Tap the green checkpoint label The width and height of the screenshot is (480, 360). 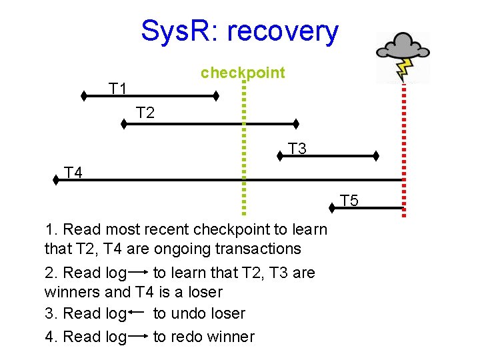(x=243, y=73)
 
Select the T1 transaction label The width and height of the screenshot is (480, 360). (x=119, y=89)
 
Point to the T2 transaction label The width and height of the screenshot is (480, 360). (x=145, y=113)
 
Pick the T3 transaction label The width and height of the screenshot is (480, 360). (x=297, y=149)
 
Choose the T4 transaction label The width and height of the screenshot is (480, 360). (x=73, y=173)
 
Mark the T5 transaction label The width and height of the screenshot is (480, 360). (x=349, y=200)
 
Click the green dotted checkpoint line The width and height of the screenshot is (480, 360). (x=244, y=147)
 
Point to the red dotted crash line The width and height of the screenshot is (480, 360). (x=404, y=147)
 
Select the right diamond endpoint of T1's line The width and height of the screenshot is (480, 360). (x=216, y=96)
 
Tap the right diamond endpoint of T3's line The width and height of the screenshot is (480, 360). (x=376, y=156)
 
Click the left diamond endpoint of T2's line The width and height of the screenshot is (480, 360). (x=124, y=123)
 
